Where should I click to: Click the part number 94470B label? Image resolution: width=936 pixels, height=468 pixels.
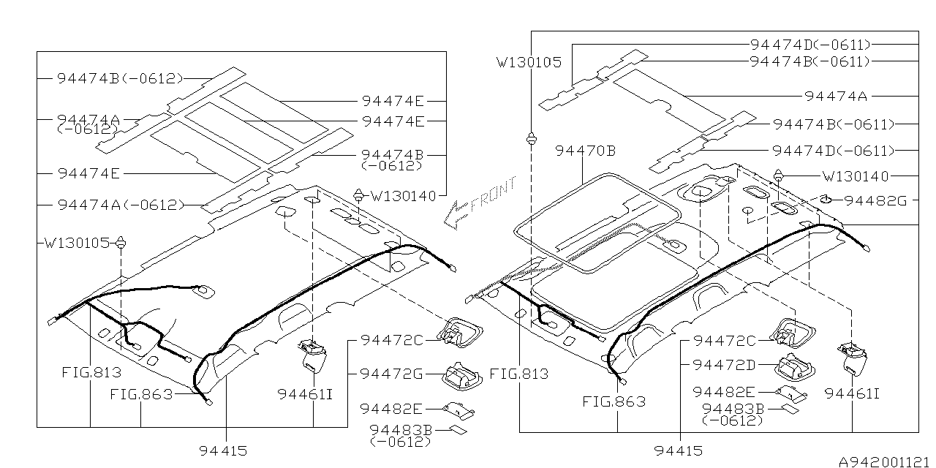coord(585,151)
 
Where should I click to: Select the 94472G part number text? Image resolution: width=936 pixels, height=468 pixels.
coord(391,374)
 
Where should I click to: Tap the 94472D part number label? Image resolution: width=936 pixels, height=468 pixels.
coord(724,364)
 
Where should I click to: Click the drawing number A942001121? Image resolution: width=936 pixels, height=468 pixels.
coord(885,461)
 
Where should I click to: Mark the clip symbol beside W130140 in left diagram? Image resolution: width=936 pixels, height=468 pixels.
coord(359,195)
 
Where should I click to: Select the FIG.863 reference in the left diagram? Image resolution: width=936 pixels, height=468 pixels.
coord(141,394)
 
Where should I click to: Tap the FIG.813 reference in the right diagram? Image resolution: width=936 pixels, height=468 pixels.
coord(518,374)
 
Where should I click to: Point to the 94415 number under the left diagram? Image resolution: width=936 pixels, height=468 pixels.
coord(223,451)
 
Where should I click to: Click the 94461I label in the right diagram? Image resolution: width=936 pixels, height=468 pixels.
coord(852,394)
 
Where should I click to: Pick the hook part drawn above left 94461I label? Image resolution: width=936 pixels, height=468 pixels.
coord(312,355)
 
